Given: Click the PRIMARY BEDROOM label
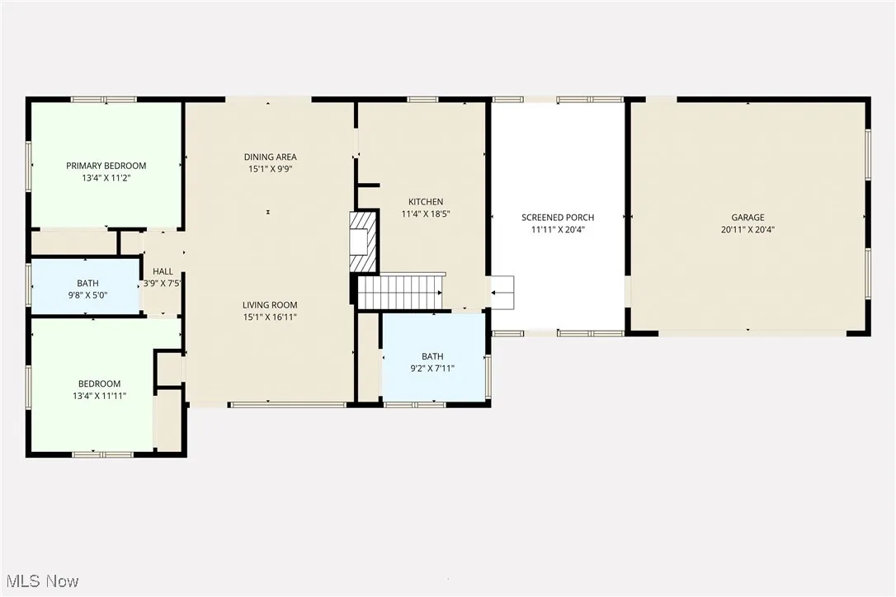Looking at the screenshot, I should click(x=106, y=166).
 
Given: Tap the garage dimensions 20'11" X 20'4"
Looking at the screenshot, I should click(x=747, y=230).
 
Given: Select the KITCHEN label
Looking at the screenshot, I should click(x=426, y=201).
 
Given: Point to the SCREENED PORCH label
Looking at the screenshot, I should click(x=558, y=218).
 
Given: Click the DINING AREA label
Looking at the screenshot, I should click(x=270, y=157).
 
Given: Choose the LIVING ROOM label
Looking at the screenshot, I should click(x=270, y=304).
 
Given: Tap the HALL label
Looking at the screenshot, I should click(x=163, y=271).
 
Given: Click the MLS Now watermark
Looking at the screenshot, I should click(x=40, y=581).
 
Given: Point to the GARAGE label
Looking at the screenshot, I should click(x=747, y=218).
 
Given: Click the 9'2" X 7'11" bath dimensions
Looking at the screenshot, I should click(x=432, y=369).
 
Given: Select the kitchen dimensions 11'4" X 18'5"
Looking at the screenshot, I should click(x=426, y=214).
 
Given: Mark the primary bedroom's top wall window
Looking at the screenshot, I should click(x=103, y=100).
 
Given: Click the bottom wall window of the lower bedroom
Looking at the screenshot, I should click(x=102, y=454).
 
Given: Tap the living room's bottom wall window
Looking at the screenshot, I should click(x=287, y=405).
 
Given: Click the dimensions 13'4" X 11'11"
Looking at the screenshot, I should click(x=99, y=396).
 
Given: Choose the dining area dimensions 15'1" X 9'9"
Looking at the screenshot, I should click(x=270, y=169).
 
